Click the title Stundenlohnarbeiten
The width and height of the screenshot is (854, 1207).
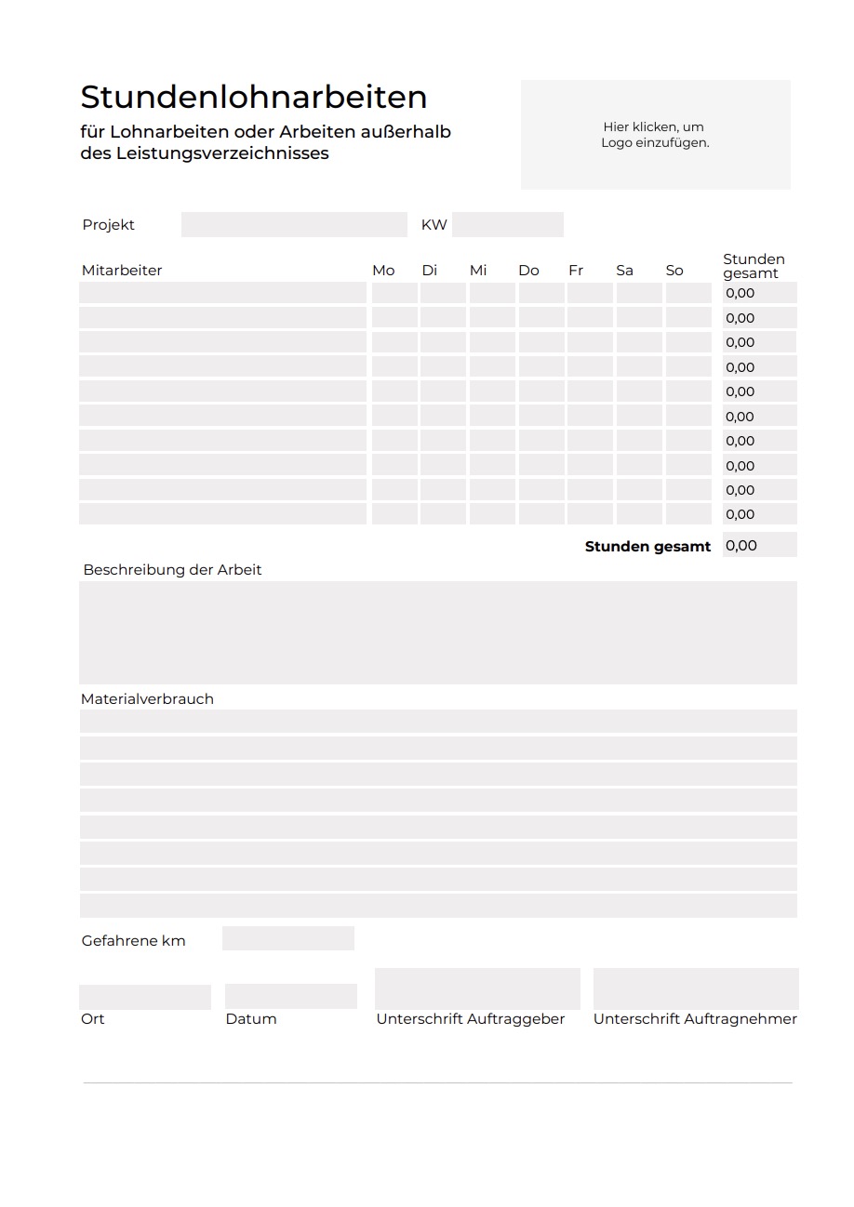(253, 97)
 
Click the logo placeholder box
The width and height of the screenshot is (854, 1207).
(655, 135)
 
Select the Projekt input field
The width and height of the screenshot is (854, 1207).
(294, 225)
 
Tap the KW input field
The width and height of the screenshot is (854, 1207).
(508, 225)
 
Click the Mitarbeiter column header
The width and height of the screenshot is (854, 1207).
(122, 271)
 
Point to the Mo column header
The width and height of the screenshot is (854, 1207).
(383, 271)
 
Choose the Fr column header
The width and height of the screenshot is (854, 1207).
(576, 271)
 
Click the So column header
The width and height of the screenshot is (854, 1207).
(674, 271)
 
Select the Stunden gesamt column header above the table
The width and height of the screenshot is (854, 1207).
(754, 266)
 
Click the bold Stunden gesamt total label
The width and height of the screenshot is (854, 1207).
(647, 547)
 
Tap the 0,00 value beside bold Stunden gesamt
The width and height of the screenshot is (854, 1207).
(759, 546)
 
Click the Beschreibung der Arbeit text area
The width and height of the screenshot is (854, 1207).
(437, 632)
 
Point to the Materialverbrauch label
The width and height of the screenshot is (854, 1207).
(147, 699)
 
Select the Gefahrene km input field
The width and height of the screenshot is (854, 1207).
(288, 939)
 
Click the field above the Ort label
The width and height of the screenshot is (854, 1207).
(145, 997)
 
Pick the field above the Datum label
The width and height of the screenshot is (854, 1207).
(291, 997)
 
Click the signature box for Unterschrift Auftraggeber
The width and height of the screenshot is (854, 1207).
(477, 988)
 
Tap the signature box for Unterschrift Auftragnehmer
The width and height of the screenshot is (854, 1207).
(696, 988)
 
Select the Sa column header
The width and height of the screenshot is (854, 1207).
(624, 271)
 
